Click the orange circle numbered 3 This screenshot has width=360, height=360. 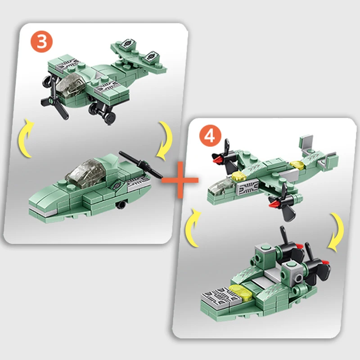click(x=41, y=41)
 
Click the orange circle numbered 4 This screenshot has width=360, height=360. click(x=210, y=136)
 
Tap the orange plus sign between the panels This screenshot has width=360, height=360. click(x=180, y=180)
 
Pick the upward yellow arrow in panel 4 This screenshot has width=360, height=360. click(x=193, y=227)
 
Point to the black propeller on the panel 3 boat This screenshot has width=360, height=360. click(x=141, y=165)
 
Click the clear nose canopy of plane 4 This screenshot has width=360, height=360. click(x=221, y=186)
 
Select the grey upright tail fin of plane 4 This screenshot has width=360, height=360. click(x=306, y=145)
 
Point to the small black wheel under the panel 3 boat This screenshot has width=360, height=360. click(x=121, y=205)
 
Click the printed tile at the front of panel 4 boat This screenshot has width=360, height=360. click(x=221, y=296)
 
